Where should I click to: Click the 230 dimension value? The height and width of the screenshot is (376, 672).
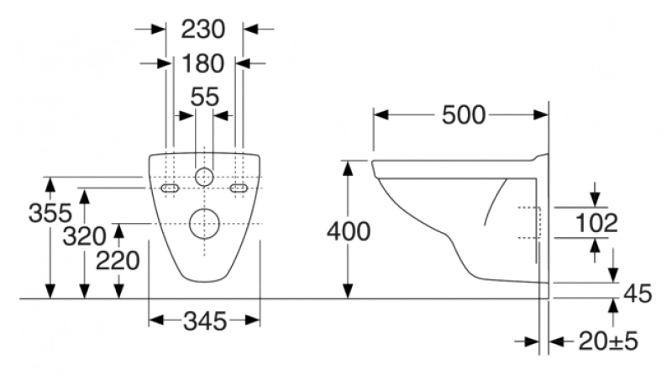click(x=204, y=29)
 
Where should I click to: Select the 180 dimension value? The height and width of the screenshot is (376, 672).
click(x=204, y=63)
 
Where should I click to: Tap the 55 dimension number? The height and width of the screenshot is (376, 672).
click(x=204, y=97)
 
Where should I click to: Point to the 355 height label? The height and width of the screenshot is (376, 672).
click(x=50, y=214)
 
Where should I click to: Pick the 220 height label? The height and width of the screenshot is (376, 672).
click(x=118, y=262)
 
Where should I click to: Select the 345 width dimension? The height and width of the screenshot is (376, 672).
click(x=204, y=320)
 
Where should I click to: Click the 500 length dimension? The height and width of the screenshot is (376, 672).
click(x=464, y=115)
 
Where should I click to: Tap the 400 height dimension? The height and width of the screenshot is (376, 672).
click(x=347, y=230)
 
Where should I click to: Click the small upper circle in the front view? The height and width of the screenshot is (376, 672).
click(x=204, y=177)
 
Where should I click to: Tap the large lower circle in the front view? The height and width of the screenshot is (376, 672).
click(x=204, y=223)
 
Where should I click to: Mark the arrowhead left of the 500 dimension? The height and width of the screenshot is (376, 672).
click(x=379, y=115)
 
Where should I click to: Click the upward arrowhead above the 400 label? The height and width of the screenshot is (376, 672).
click(x=347, y=167)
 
